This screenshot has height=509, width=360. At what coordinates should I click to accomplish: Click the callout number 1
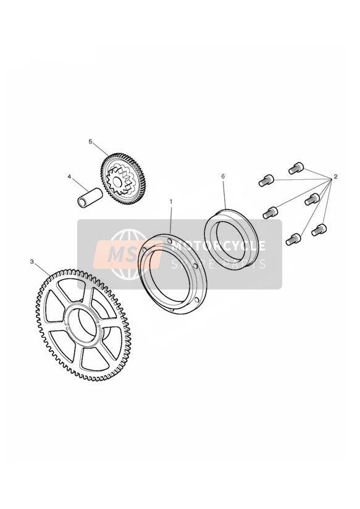tap(171, 201)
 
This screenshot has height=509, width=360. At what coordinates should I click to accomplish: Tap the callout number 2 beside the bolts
tap(336, 177)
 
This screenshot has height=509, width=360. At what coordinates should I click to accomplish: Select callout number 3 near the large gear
tap(32, 261)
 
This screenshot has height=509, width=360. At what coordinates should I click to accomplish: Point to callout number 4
tap(69, 177)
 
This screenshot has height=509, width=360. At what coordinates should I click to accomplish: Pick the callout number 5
tap(91, 141)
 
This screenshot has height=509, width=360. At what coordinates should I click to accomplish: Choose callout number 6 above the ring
tap(223, 176)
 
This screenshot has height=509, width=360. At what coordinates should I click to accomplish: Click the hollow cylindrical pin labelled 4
tap(90, 197)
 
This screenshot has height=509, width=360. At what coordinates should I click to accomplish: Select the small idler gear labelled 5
tap(123, 179)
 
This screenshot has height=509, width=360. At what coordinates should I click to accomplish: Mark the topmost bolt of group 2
tap(296, 169)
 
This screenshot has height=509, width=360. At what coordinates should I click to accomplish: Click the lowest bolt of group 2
tap(293, 239)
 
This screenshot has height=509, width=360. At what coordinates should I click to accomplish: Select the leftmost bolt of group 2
tap(266, 180)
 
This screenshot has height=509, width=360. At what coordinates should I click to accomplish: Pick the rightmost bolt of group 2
tap(319, 230)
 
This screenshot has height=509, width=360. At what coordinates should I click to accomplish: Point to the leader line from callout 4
tap(80, 184)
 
